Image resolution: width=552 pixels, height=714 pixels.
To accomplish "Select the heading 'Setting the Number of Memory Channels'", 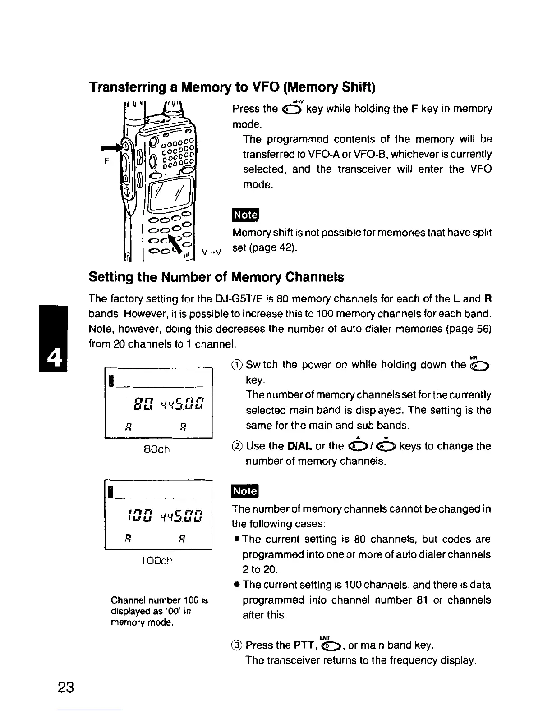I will pyautogui.click(x=216, y=277).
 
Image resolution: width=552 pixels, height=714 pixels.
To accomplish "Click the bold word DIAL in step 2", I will pyautogui.click(x=299, y=446).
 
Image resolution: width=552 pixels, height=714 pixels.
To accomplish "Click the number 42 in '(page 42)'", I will pyautogui.click(x=284, y=248).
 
